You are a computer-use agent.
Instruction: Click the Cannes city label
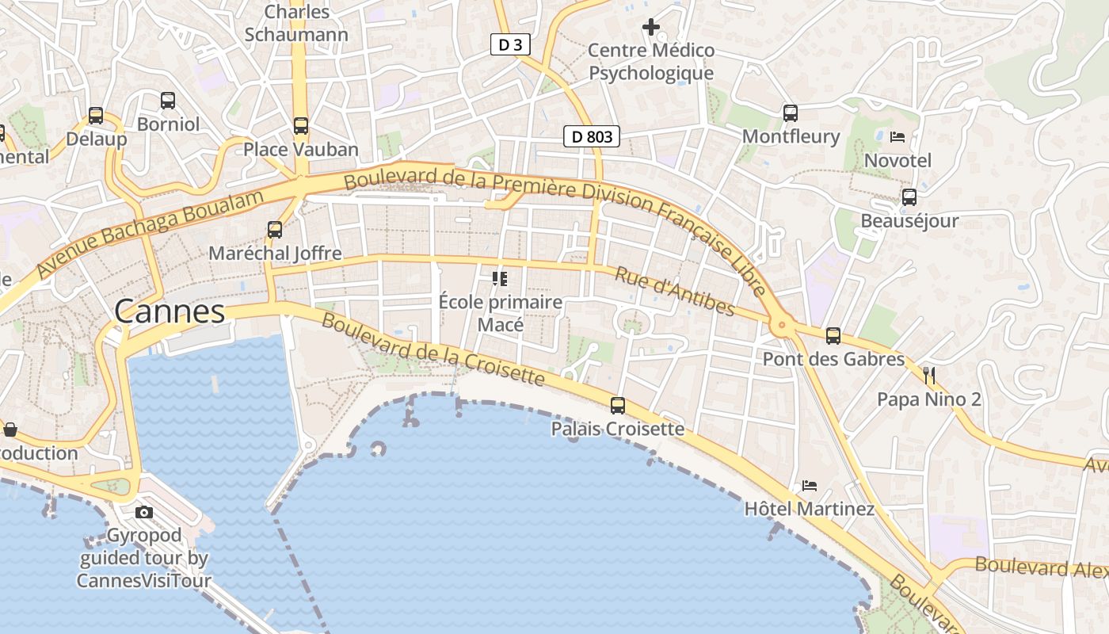tap(170, 311)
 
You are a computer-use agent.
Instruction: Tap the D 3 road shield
tap(510, 44)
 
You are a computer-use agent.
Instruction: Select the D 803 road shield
tap(592, 136)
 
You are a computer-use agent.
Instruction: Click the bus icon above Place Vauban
tap(301, 125)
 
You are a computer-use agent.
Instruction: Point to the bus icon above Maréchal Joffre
tap(275, 230)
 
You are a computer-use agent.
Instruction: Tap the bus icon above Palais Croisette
tap(618, 406)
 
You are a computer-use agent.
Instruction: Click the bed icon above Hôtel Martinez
tap(809, 485)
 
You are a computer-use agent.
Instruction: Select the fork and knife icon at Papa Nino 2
tap(929, 375)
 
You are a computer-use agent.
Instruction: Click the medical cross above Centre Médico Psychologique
tap(651, 27)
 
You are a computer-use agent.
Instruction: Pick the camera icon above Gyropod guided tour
tap(144, 512)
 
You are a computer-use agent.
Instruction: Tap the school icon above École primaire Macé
tap(500, 278)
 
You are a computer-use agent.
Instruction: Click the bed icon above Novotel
tap(897, 137)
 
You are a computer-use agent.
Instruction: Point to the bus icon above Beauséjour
tap(909, 197)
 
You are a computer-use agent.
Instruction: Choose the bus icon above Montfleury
tap(791, 113)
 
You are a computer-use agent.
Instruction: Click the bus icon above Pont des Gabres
tap(833, 336)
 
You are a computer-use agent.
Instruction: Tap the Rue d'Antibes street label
tap(675, 291)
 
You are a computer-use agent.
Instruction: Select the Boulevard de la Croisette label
tap(433, 349)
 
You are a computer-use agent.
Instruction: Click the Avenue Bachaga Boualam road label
tap(151, 233)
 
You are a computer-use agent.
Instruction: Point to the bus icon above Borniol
tap(168, 101)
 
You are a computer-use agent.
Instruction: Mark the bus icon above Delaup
tap(96, 116)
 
